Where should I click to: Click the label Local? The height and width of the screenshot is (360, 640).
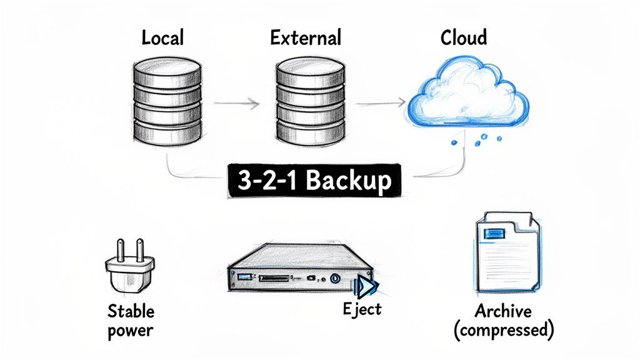[162, 38]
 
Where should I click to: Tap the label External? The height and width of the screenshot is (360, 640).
[306, 38]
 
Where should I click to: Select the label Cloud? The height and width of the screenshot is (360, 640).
[463, 38]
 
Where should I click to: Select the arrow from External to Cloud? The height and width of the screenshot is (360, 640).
[382, 101]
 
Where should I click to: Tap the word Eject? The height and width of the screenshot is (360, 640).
[362, 309]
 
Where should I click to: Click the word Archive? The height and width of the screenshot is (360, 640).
[502, 311]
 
